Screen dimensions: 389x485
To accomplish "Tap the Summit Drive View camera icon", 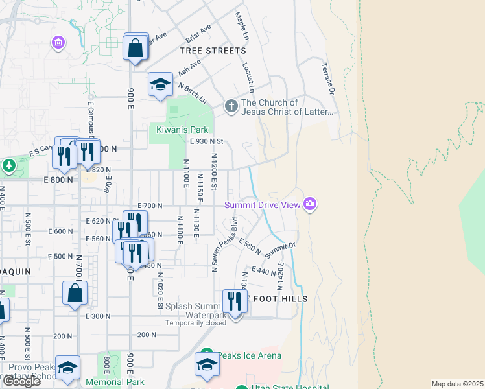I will (x=310, y=205).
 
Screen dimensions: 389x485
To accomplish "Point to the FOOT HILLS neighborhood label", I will (x=279, y=298).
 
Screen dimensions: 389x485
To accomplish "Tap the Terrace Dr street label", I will (x=327, y=78).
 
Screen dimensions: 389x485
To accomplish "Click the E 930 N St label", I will (x=206, y=141).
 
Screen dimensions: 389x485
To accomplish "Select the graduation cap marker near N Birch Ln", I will (x=160, y=85).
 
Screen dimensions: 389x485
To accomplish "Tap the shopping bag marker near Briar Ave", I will (x=136, y=49).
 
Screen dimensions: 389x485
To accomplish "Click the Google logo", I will (x=22, y=381).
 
